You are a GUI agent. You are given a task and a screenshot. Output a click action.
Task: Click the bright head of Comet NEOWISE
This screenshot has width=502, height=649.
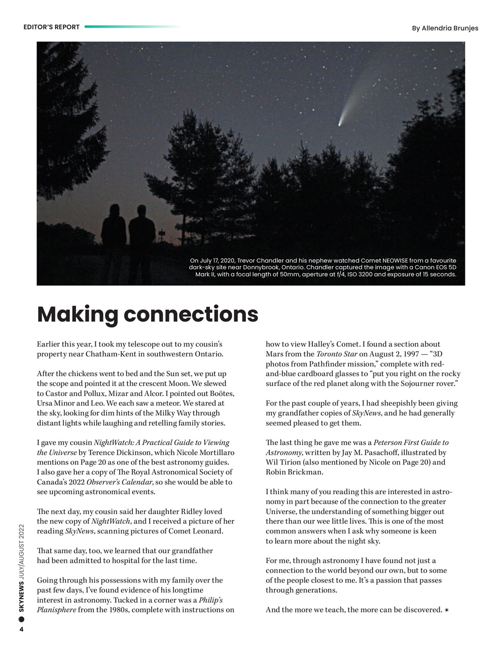pos(340,123)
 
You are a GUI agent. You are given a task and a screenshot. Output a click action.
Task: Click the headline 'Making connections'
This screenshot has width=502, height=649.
pos(148,314)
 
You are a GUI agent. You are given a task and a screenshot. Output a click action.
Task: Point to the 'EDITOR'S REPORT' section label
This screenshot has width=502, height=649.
pos(51,27)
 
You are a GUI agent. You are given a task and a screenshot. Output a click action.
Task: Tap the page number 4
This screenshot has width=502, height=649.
pos(21,630)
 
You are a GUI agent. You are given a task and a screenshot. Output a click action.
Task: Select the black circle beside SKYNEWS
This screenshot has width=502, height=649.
pos(21,619)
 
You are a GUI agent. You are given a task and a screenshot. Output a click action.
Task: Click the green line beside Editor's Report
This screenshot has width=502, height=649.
pos(132,27)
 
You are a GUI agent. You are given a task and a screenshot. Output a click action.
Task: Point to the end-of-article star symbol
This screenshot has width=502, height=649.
pos(447,610)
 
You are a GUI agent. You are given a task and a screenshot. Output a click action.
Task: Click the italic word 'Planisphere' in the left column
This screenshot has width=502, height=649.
pos(56,610)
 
